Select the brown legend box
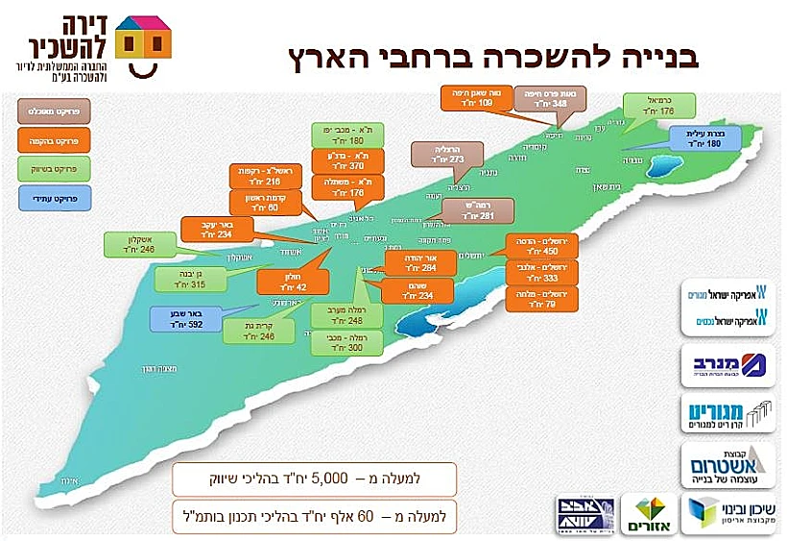47,112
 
